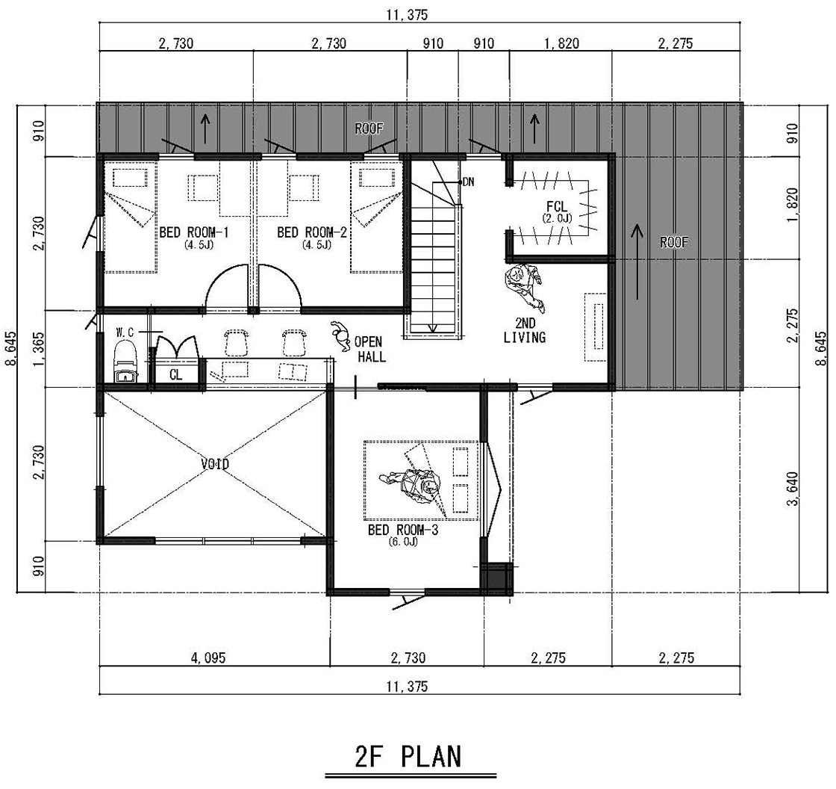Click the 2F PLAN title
point(408,756)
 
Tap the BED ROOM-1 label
point(194,232)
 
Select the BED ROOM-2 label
point(312,232)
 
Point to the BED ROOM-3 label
point(403,530)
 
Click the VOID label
point(215,464)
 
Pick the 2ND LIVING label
point(525,330)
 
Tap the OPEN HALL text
point(369,349)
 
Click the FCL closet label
point(557,207)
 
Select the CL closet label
point(175,375)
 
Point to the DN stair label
point(468,182)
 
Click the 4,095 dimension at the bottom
point(208,657)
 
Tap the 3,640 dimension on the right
point(793,489)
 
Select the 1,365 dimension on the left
point(38,349)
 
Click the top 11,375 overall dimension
point(407,14)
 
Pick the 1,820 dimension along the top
point(561,43)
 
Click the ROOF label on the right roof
point(674,242)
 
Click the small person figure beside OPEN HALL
point(338,335)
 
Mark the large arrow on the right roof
point(636,262)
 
